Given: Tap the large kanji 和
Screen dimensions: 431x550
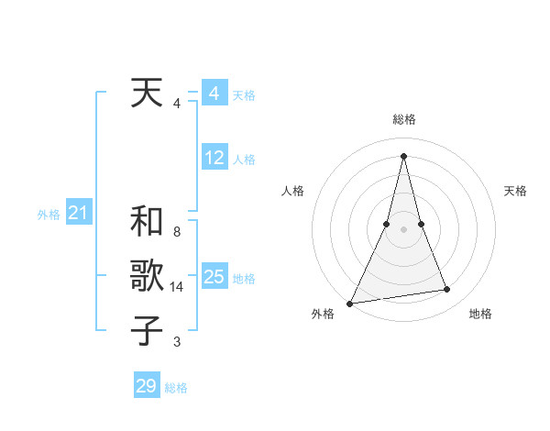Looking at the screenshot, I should [x=147, y=222].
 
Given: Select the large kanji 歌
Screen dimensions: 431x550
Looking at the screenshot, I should [x=147, y=276].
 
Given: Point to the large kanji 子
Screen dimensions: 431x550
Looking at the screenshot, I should [x=147, y=330].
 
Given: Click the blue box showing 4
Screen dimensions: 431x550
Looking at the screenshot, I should [x=214, y=94].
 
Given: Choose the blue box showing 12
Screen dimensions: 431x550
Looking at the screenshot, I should [x=214, y=159].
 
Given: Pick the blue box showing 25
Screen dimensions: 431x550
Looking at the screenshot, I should [x=214, y=277].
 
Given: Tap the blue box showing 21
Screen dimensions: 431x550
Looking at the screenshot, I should [x=78, y=214].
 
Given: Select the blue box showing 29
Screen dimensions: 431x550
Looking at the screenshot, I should [x=146, y=386].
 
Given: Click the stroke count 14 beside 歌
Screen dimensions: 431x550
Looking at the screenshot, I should [x=177, y=287].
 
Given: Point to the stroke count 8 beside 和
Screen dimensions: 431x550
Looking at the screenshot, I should [x=176, y=233].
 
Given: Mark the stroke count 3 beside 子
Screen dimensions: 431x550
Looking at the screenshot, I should [x=176, y=342].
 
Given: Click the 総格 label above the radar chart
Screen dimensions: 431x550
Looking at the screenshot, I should [x=403, y=120].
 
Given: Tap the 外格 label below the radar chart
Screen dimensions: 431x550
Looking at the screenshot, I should [x=324, y=314].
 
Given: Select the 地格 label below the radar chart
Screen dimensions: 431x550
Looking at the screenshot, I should [x=480, y=314].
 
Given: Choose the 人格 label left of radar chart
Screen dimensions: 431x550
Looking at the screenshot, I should [x=292, y=191].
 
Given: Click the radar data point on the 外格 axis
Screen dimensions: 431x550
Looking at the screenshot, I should [x=350, y=304].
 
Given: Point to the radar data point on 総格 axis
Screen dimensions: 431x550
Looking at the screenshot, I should [x=403, y=155].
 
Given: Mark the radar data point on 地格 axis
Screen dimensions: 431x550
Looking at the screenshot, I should [x=447, y=290].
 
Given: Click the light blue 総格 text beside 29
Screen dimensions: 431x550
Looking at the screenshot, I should [x=176, y=388].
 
